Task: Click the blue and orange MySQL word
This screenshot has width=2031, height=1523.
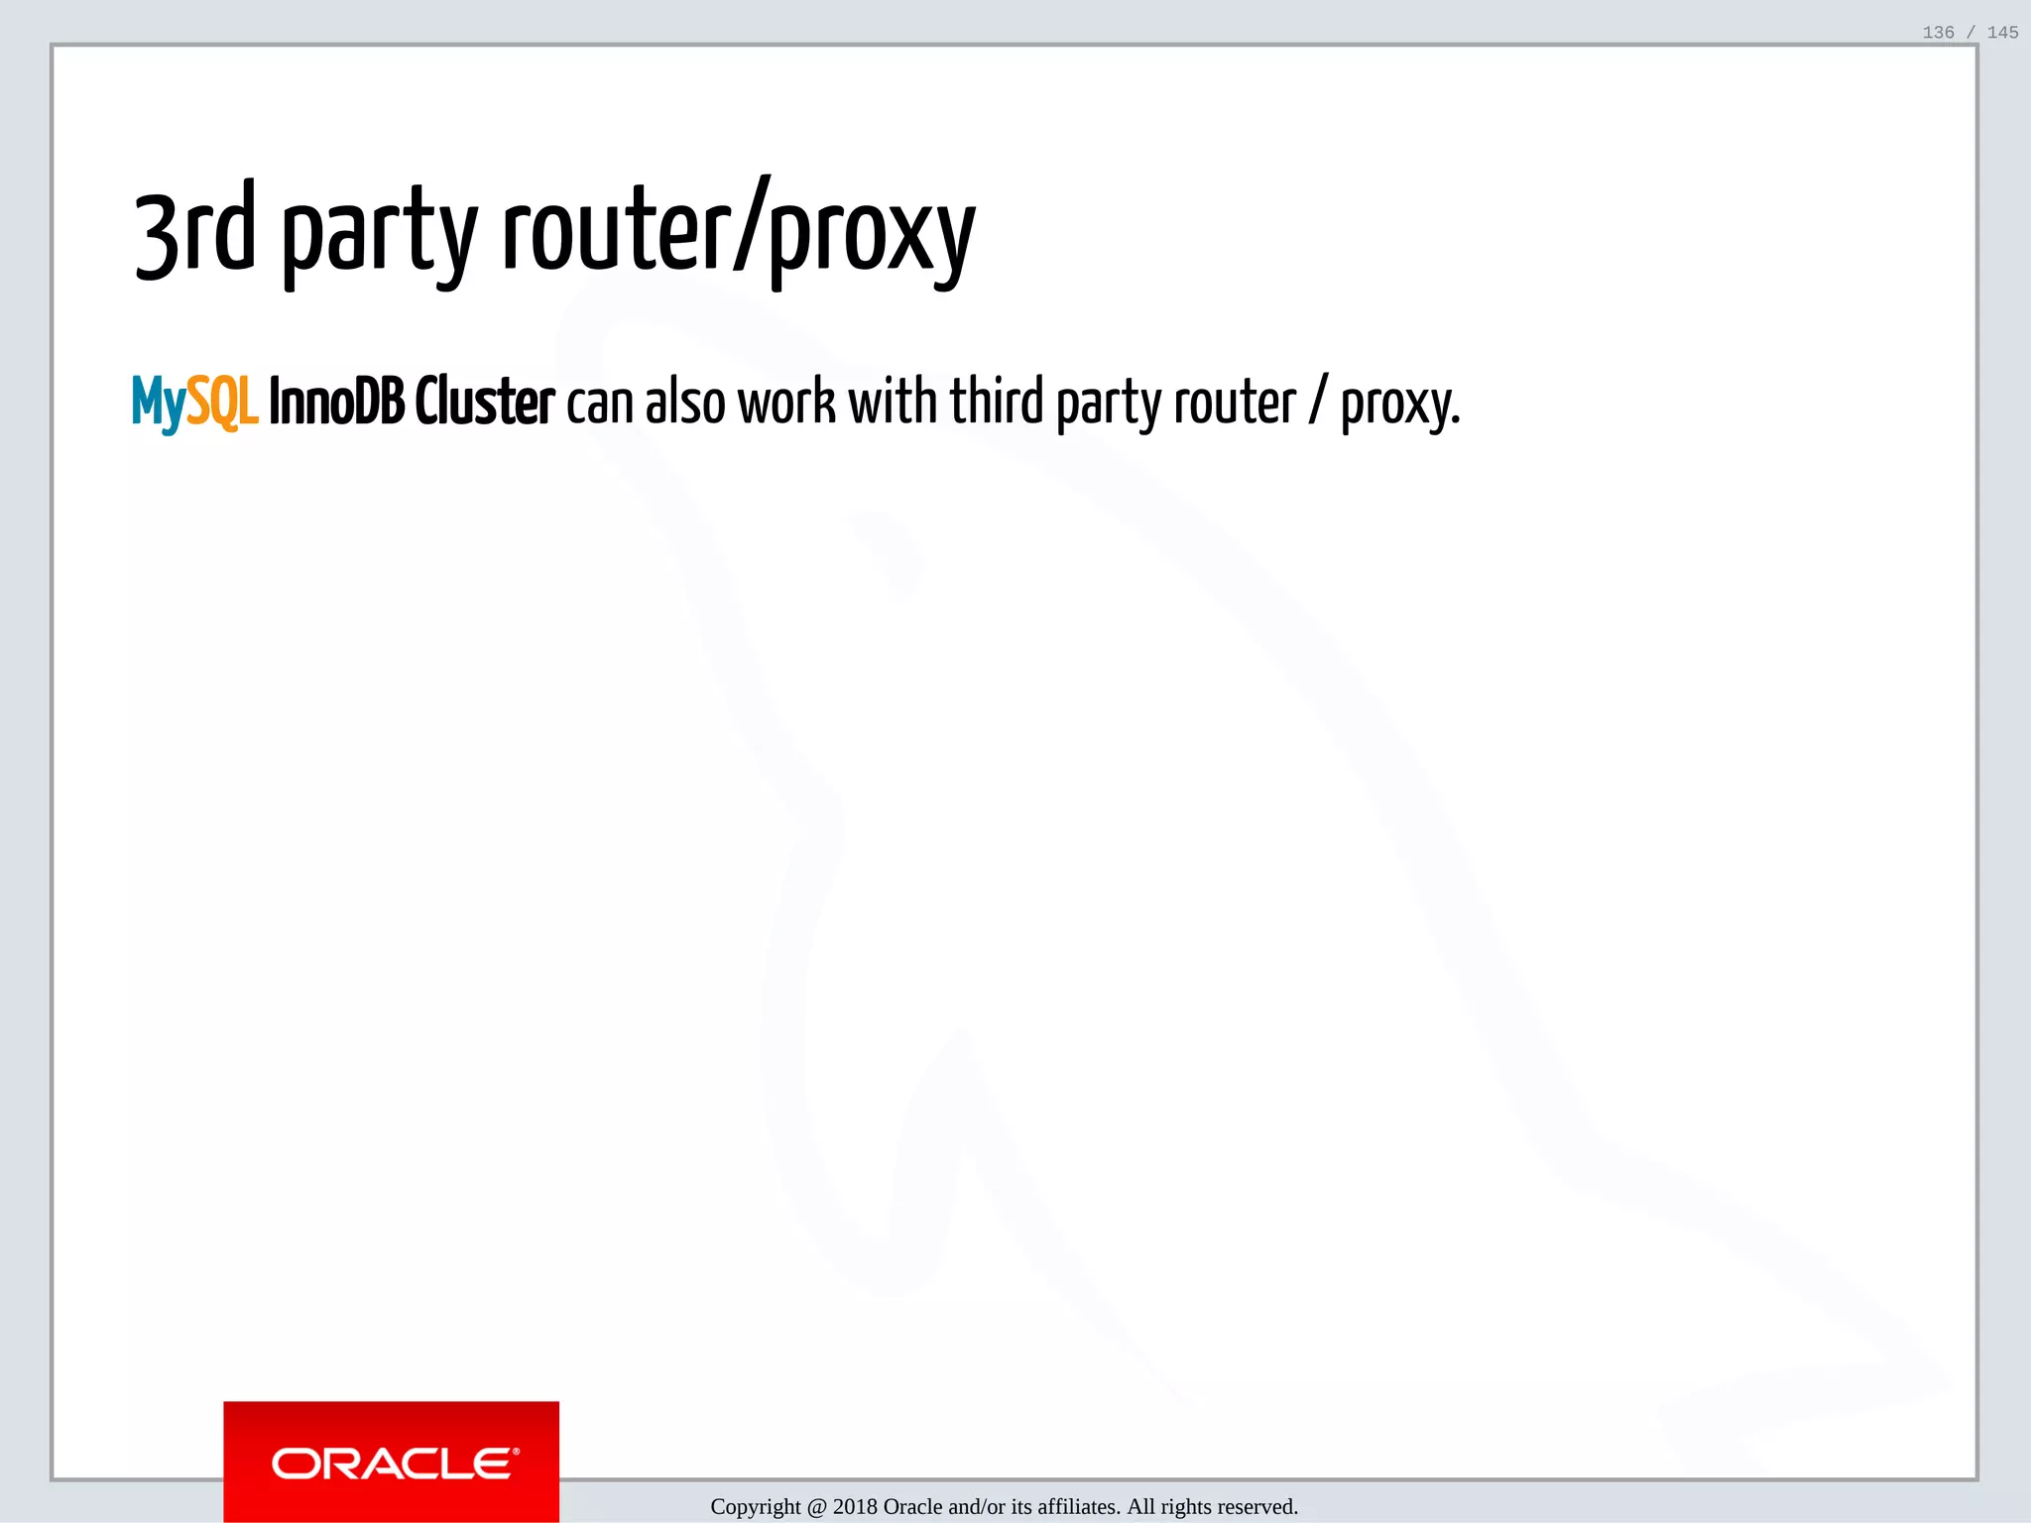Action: point(195,403)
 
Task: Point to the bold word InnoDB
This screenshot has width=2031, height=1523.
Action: point(336,402)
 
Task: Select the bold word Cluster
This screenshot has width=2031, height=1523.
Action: point(484,402)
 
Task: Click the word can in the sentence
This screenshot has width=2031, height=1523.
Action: point(599,404)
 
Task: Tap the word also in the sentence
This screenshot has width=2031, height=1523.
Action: point(685,402)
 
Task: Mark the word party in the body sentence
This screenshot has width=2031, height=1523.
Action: point(1110,406)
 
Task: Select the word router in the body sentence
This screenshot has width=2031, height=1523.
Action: point(1235,403)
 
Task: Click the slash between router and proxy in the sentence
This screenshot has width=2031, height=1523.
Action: point(1318,403)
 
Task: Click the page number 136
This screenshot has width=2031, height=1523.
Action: point(1938,33)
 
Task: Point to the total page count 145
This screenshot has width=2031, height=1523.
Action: point(2002,33)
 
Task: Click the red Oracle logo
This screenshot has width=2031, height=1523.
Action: point(392,1462)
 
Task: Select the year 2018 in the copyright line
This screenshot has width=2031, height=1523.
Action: point(855,1507)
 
